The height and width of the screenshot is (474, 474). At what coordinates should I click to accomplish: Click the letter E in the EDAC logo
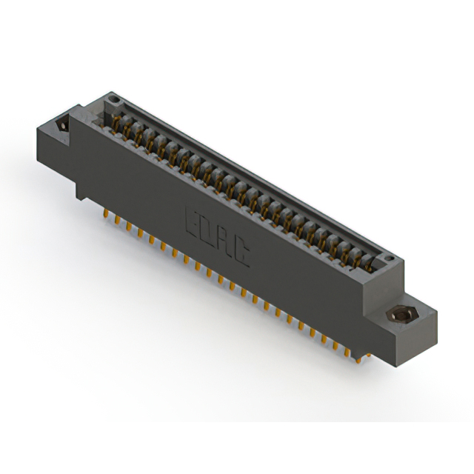click(x=193, y=221)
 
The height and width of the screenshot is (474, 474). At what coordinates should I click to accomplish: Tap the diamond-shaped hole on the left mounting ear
click(x=62, y=125)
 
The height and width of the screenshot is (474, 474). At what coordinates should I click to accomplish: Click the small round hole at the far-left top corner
click(x=113, y=99)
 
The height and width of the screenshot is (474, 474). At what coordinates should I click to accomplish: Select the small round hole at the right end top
click(x=390, y=259)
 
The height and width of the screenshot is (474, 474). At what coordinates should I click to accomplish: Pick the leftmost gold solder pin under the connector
click(x=106, y=213)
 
